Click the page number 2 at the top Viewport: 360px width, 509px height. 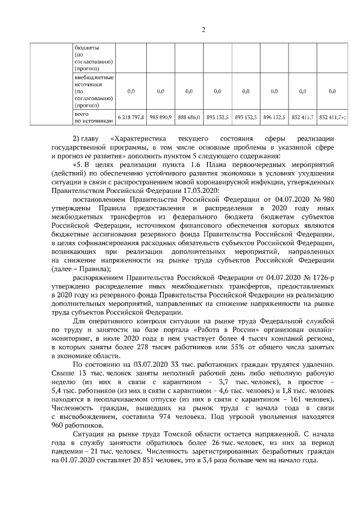click(203, 30)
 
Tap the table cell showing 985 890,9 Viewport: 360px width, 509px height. click(160, 118)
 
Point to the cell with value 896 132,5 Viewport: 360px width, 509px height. click(274, 118)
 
